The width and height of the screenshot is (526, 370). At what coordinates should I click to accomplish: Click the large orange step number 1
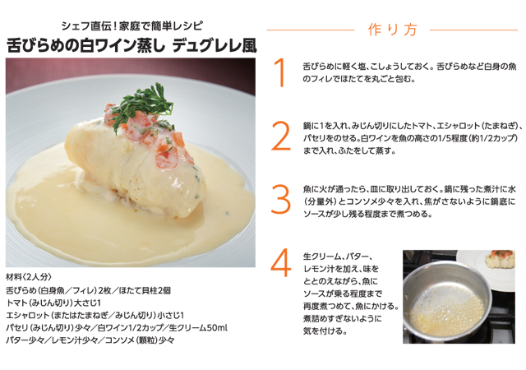pyautogui.click(x=281, y=72)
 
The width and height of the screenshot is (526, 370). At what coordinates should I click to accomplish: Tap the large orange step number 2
pyautogui.click(x=281, y=136)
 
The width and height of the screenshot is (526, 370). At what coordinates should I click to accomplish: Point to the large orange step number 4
pyautogui.click(x=281, y=262)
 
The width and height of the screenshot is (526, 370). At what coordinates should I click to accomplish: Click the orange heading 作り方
pyautogui.click(x=390, y=30)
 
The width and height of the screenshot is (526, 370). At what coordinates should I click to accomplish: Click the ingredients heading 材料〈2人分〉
pyautogui.click(x=30, y=278)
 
